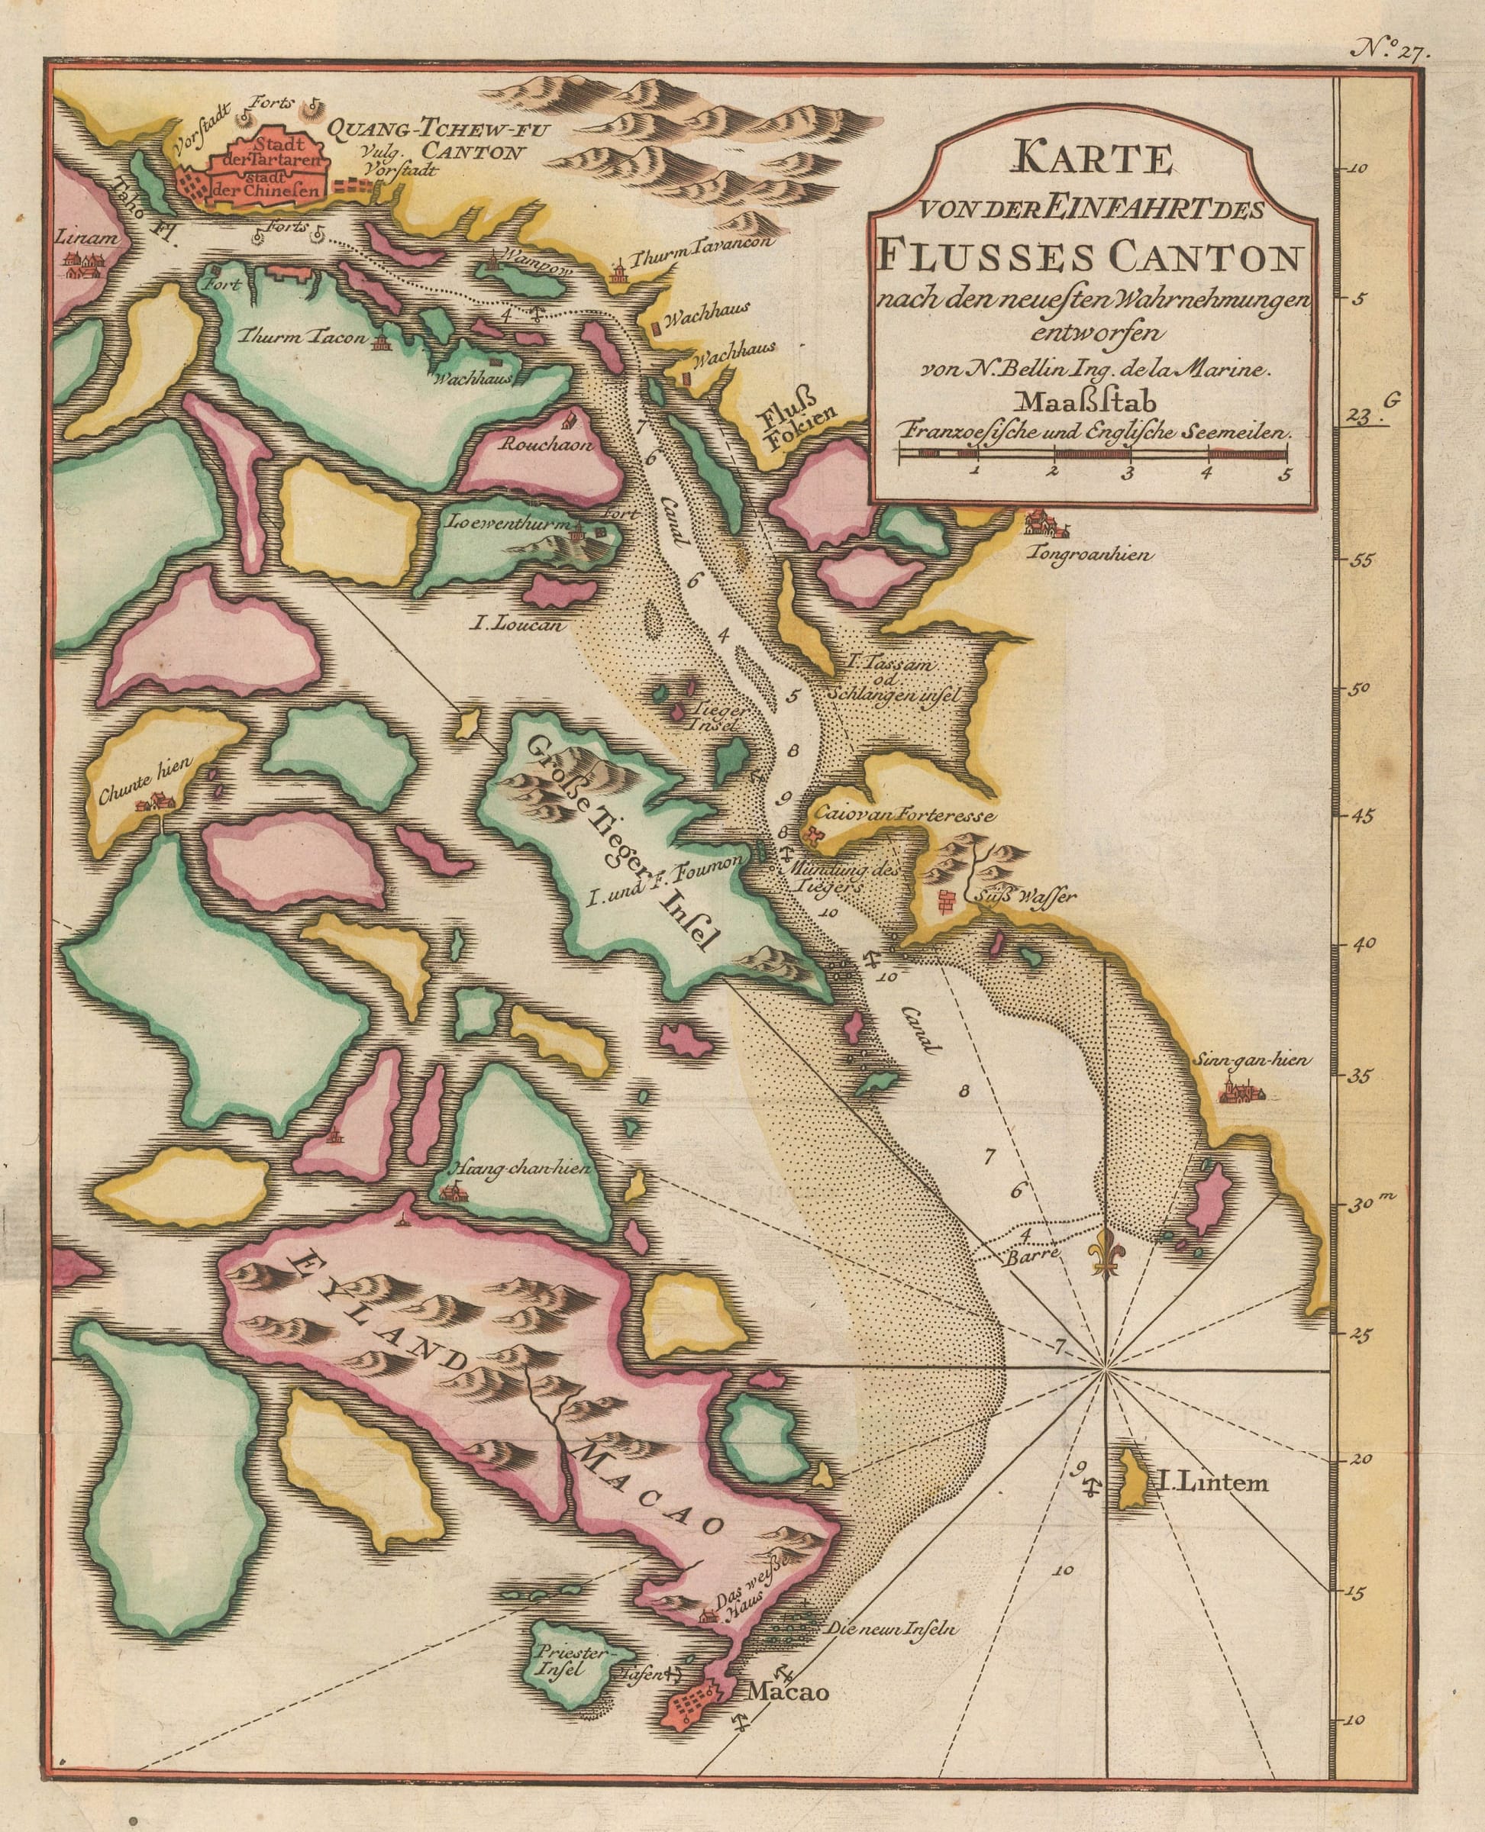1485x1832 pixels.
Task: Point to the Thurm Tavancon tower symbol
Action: pyautogui.click(x=616, y=272)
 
